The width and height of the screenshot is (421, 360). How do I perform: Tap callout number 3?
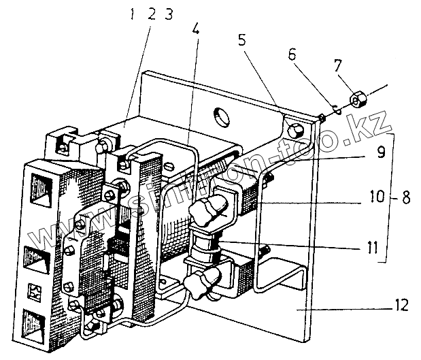(167, 14)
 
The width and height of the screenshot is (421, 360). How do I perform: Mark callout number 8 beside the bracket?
(405, 199)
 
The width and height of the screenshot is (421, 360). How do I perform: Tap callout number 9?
(381, 152)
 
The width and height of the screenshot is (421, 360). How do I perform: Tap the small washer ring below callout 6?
(337, 107)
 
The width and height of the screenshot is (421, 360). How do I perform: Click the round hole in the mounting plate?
(221, 116)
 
